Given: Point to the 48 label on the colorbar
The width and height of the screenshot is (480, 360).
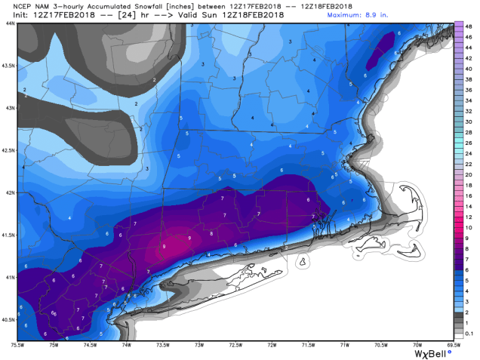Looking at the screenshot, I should (x=469, y=27).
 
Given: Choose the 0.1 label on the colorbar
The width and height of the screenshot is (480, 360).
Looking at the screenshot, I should (x=469, y=333).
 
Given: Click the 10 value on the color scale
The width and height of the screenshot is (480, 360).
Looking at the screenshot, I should (x=469, y=227).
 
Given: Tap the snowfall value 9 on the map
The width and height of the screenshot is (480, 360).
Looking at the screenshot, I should (x=165, y=246).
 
